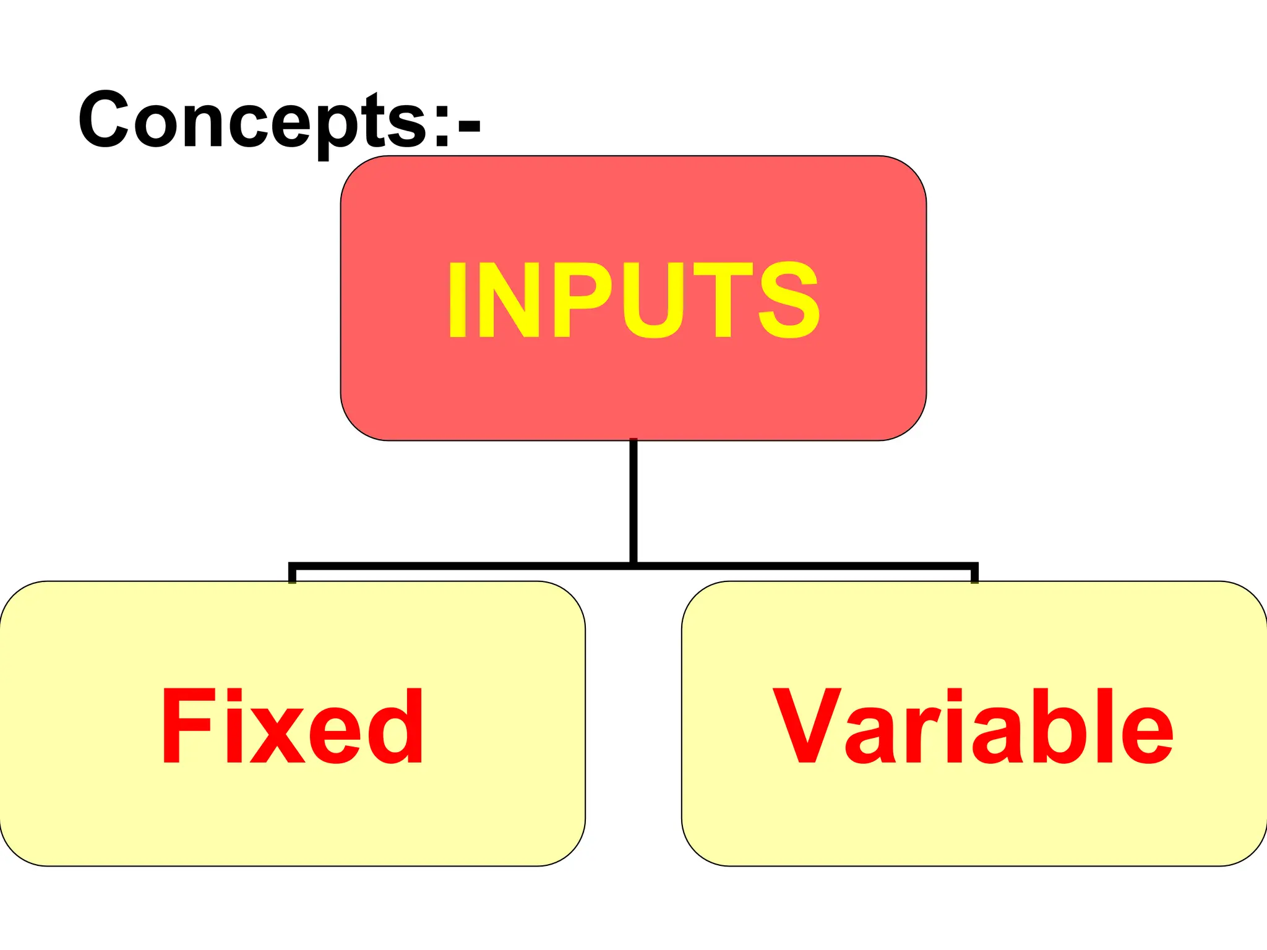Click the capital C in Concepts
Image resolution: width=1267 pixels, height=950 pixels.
[103, 119]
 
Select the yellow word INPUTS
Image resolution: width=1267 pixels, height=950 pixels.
[633, 300]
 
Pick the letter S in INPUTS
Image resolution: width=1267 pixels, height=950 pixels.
[789, 300]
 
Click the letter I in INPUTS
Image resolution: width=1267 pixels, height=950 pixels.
[457, 300]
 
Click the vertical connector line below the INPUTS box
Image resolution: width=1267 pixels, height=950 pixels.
[633, 501]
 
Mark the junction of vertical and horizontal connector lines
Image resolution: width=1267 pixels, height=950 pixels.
[633, 565]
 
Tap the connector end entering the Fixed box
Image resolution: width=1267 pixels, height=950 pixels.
[292, 578]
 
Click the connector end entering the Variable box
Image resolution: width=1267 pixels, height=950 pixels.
[974, 578]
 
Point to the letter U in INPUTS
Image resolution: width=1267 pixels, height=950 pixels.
[654, 300]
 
